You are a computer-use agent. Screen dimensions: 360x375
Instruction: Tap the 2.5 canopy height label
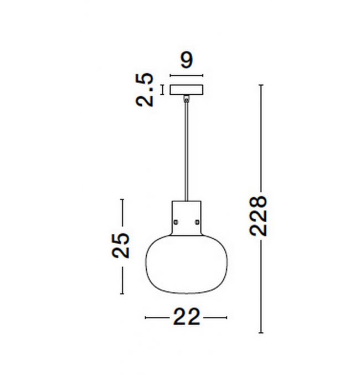145,90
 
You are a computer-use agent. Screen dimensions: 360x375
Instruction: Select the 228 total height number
258,216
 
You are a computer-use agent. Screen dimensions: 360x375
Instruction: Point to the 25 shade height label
121,245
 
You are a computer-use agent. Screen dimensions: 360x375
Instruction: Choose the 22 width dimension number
187,317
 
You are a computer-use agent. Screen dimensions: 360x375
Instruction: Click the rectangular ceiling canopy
187,90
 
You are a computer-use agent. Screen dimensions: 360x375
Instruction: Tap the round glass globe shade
187,264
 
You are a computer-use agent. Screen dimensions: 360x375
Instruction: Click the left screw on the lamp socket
176,222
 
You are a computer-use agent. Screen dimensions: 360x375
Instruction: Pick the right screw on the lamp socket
197,222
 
